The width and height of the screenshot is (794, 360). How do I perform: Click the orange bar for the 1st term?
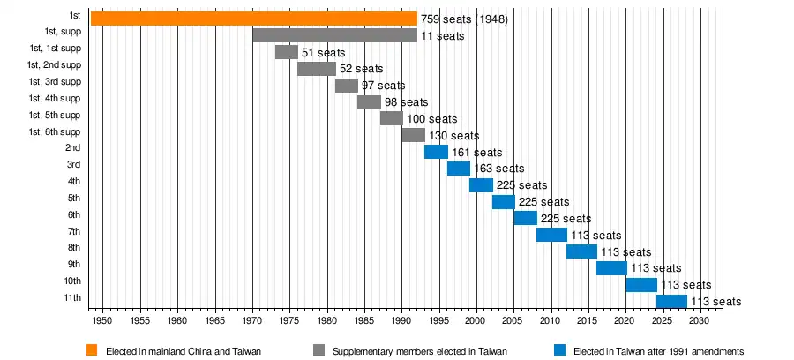coord(253,19)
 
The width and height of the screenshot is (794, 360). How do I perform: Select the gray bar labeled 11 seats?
coord(334,35)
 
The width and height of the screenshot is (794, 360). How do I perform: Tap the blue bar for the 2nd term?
coord(436,152)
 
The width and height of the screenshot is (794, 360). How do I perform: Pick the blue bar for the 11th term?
coord(671,302)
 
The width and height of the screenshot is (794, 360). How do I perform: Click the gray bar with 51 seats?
coord(286,52)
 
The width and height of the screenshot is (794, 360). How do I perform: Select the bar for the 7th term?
coord(551,235)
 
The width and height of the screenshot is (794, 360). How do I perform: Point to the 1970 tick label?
coord(252,320)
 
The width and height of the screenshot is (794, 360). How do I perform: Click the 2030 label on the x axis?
coord(699,320)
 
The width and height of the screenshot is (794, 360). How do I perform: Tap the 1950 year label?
coord(103,320)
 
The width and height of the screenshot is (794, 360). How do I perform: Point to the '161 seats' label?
coord(476,153)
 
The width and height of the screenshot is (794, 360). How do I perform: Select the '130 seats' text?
coord(453,136)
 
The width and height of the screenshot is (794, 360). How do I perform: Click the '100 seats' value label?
coord(431,119)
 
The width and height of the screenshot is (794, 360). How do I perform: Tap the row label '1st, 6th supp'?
coord(54,131)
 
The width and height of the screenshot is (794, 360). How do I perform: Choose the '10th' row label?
coord(72,281)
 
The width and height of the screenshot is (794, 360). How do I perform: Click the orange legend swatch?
coord(91,350)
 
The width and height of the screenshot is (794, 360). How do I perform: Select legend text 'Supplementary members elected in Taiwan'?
coord(419,351)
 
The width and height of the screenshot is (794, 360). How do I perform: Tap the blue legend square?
coord(559,350)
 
